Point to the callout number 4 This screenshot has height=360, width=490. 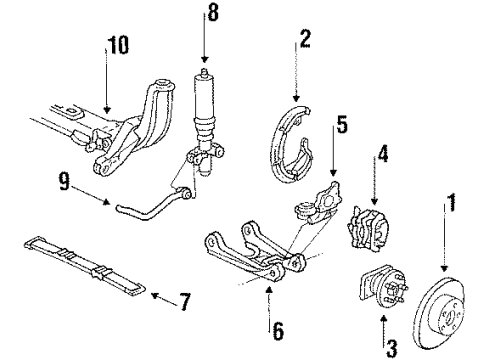click(x=381, y=155)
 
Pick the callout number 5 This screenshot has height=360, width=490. click(x=341, y=125)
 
